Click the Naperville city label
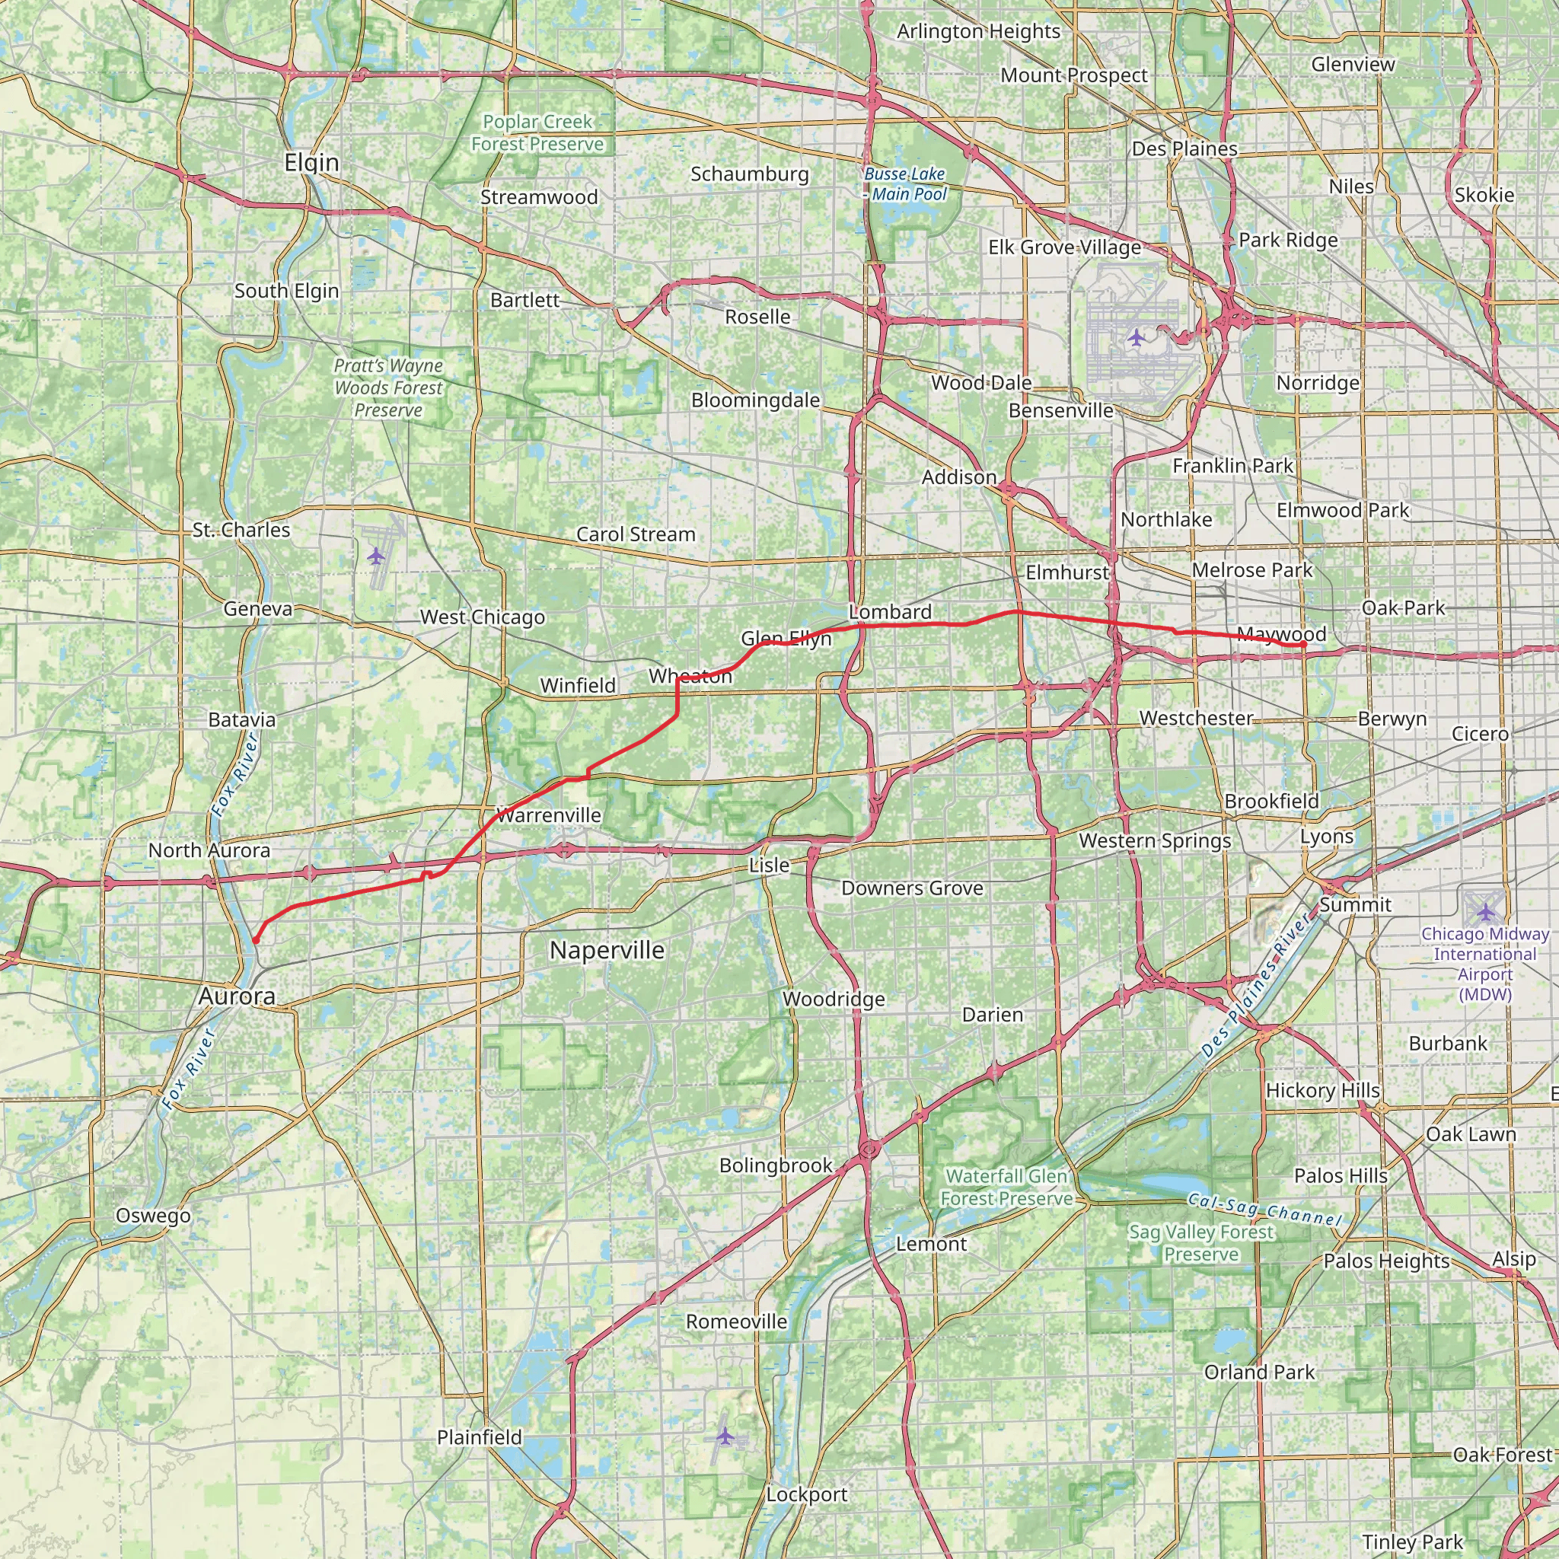click(607, 951)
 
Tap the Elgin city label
click(311, 163)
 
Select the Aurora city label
click(237, 996)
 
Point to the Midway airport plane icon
click(1487, 911)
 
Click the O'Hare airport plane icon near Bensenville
click(1137, 336)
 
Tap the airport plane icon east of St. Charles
click(376, 555)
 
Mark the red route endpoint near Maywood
click(1303, 644)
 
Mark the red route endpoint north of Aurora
click(255, 940)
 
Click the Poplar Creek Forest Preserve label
click(537, 133)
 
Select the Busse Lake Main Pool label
click(904, 184)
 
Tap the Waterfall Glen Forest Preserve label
click(1006, 1187)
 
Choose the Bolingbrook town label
click(775, 1165)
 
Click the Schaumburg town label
click(749, 174)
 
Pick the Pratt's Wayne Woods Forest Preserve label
click(388, 388)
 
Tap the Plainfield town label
click(480, 1437)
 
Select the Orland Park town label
click(1259, 1372)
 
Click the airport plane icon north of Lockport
click(725, 1436)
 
